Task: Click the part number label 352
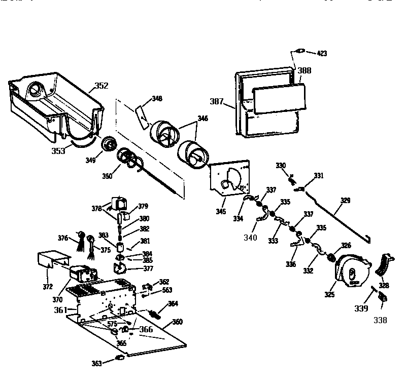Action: click(x=101, y=86)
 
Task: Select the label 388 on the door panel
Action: click(x=304, y=70)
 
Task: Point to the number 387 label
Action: click(x=217, y=101)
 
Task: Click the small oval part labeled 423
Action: click(x=299, y=50)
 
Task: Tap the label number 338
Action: click(x=380, y=320)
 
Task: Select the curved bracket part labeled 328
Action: click(x=386, y=264)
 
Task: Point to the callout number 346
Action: click(x=202, y=118)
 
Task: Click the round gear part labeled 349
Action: click(x=108, y=144)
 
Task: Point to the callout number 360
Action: click(x=177, y=322)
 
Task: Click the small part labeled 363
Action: click(x=121, y=358)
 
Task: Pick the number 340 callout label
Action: click(x=249, y=238)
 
